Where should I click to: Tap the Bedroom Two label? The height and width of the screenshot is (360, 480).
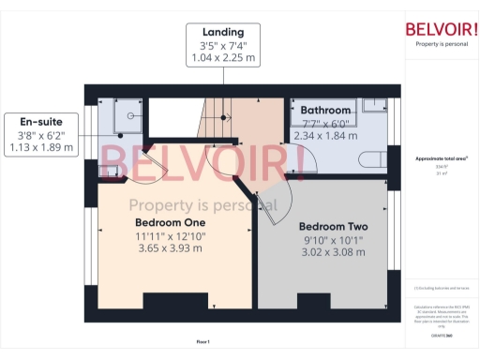click(x=333, y=227)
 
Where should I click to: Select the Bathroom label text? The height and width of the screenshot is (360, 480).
click(x=325, y=110)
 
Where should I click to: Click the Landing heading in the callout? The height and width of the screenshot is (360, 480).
click(x=223, y=31)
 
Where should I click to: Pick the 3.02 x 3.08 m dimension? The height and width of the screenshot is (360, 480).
click(x=333, y=254)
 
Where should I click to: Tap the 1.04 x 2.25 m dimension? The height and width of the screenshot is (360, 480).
click(x=223, y=58)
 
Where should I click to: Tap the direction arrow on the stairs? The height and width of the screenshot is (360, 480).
click(x=227, y=117)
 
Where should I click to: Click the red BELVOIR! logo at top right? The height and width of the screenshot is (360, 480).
click(x=440, y=27)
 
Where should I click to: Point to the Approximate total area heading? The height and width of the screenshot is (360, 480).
click(x=440, y=159)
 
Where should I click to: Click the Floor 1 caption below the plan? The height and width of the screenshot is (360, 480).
click(x=202, y=341)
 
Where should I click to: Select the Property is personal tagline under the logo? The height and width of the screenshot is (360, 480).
click(x=440, y=44)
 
